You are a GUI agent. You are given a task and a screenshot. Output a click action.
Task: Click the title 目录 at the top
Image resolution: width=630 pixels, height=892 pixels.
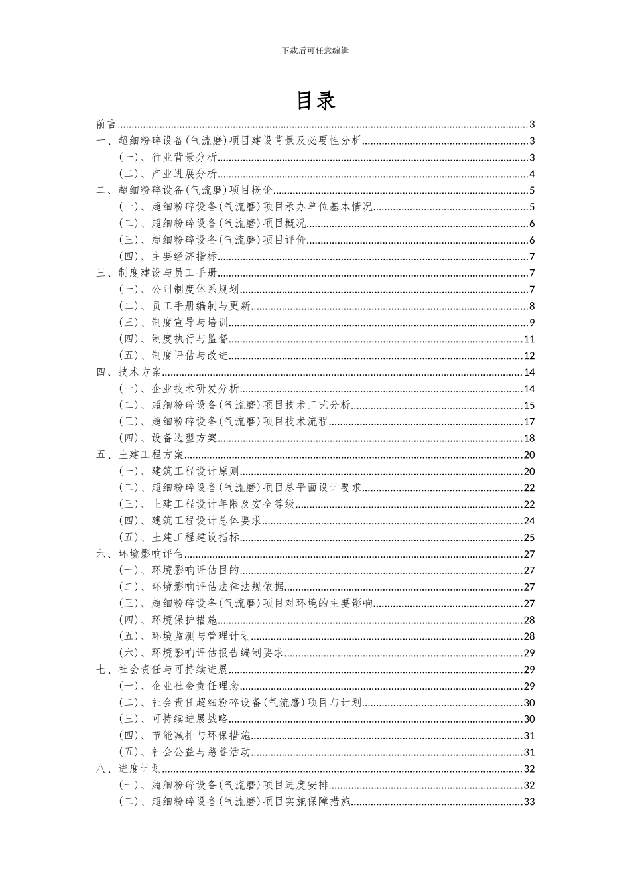point(315,100)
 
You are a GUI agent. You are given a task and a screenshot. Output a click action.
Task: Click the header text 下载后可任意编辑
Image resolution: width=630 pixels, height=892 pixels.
point(315,50)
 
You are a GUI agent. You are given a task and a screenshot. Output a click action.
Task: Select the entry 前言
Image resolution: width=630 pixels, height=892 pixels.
point(106,124)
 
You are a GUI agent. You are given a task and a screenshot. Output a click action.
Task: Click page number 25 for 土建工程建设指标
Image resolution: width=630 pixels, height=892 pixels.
point(529,538)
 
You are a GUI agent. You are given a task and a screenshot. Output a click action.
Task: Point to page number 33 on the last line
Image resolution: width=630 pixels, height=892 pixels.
point(529,802)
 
